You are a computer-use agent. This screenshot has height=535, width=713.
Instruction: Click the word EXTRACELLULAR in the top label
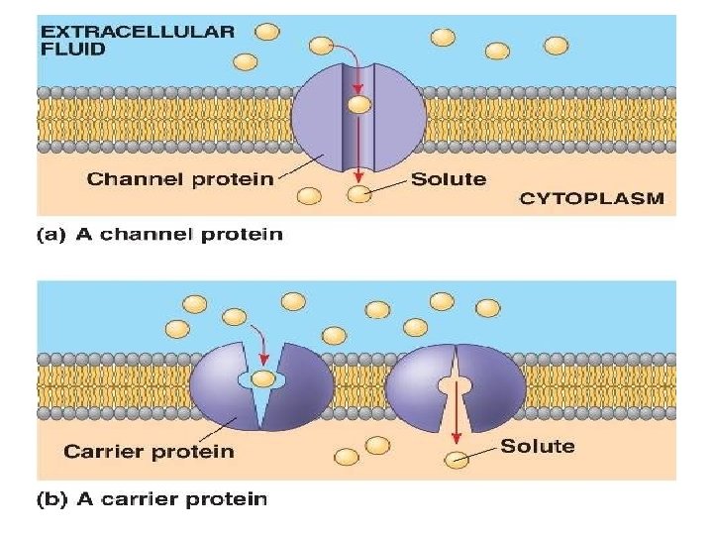[138, 31]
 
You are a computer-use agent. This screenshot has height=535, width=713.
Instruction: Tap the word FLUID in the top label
[71, 50]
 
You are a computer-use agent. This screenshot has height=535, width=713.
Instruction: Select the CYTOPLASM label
[591, 198]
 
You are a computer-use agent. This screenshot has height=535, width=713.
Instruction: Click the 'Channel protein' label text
[178, 179]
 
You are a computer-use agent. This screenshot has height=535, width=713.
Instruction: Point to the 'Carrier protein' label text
[149, 451]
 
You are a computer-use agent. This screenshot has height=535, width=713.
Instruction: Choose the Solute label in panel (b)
[538, 446]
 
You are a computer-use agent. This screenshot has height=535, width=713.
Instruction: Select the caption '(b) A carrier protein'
[153, 498]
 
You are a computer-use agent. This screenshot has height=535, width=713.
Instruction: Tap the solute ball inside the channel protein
[359, 104]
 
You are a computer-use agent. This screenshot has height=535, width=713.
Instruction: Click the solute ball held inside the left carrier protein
[263, 378]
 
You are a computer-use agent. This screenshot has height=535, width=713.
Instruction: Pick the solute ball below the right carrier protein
[457, 459]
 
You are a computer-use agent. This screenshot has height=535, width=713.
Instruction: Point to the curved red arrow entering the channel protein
[343, 52]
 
